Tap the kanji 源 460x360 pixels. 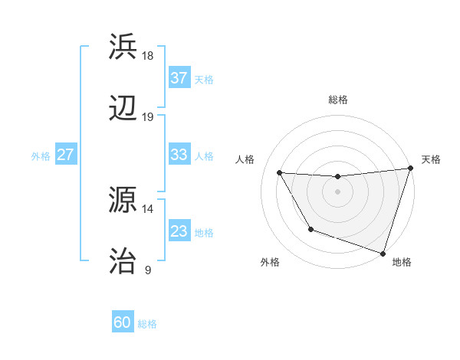point(124,201)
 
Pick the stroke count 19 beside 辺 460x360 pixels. point(148,117)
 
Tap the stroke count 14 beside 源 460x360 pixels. point(148,208)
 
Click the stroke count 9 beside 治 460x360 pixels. point(148,270)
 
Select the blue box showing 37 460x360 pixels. point(179,78)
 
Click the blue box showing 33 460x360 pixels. point(179,155)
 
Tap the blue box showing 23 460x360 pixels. point(179,231)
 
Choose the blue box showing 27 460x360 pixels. point(66,155)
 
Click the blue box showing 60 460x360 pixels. point(122,322)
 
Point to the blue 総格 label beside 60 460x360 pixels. point(147,324)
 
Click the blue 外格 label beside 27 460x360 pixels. point(41,156)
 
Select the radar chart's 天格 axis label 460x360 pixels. point(431,159)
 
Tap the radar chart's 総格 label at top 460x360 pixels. point(337,100)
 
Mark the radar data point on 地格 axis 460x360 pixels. point(383,252)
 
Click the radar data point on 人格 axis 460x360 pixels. point(280,172)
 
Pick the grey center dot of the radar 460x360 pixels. point(337,191)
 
